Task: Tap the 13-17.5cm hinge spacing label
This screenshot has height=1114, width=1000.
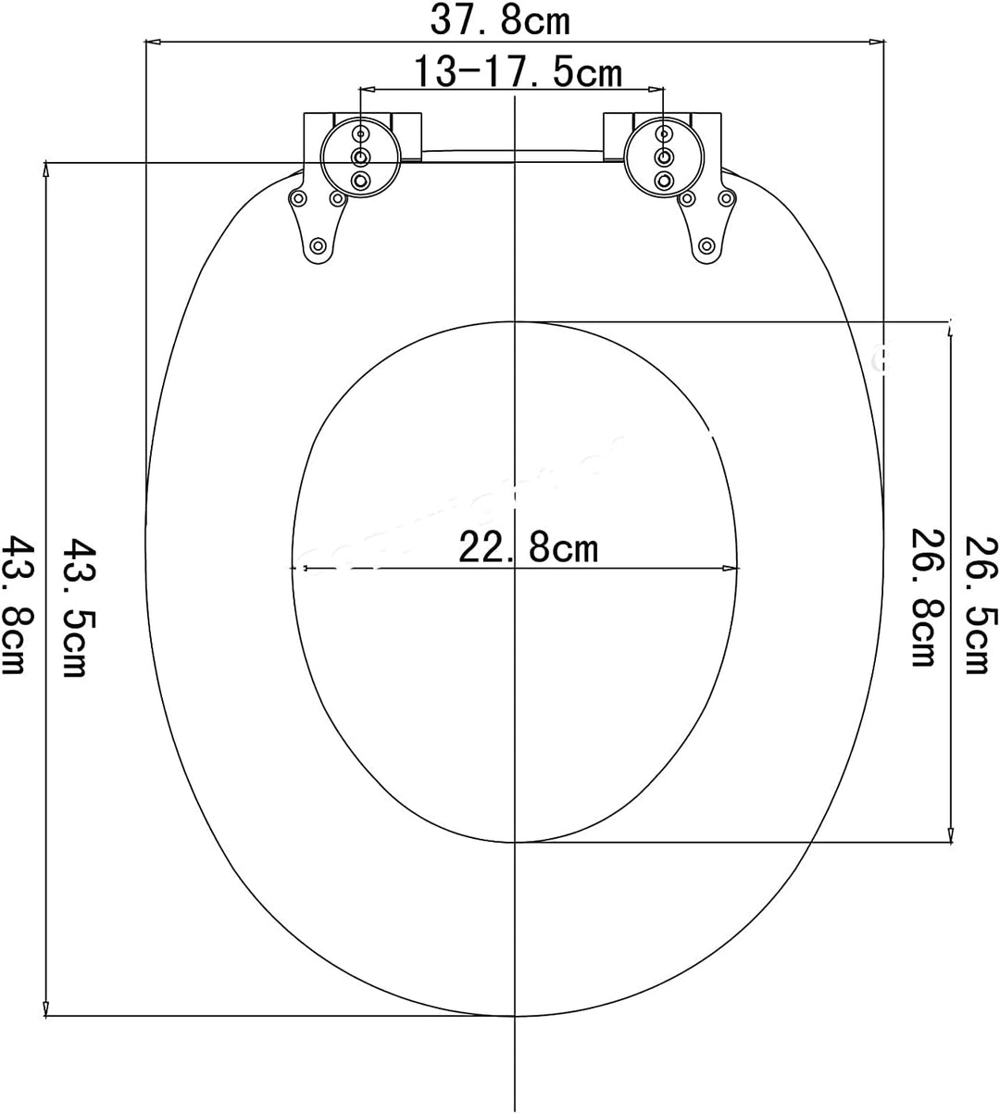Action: click(516, 71)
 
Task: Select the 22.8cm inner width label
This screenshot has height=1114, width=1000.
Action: click(529, 549)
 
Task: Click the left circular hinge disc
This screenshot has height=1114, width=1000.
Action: click(360, 156)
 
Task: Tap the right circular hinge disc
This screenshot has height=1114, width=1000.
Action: click(662, 156)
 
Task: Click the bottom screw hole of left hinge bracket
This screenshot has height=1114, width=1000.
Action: click(318, 245)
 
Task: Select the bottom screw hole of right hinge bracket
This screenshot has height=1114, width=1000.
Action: click(706, 245)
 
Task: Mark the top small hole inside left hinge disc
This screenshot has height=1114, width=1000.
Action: click(360, 134)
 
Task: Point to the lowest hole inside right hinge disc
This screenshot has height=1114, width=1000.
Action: click(663, 179)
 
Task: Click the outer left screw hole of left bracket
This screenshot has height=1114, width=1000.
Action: click(298, 198)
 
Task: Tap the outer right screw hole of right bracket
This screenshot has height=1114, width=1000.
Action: click(727, 198)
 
